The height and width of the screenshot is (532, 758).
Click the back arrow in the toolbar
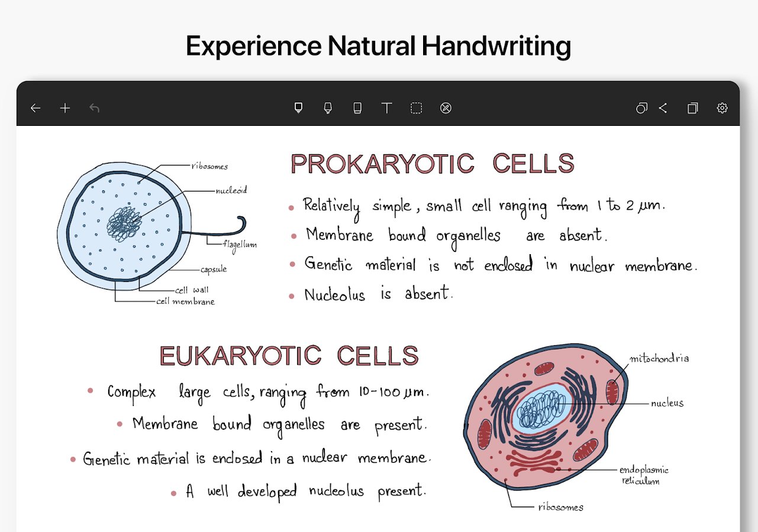[36, 108]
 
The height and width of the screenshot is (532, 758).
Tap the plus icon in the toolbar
[65, 108]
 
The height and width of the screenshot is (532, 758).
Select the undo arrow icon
[95, 108]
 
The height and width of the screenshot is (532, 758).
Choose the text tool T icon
[387, 108]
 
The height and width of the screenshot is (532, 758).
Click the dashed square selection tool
[416, 108]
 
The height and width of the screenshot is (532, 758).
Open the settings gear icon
[722, 108]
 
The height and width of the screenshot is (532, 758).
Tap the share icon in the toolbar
[663, 108]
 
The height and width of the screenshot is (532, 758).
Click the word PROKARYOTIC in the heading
[382, 164]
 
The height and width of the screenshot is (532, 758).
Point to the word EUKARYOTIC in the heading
[240, 356]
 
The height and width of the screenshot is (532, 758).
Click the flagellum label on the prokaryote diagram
[240, 245]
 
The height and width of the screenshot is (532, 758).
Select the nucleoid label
[231, 190]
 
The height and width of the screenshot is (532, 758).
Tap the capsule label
[214, 270]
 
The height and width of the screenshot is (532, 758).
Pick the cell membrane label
[185, 301]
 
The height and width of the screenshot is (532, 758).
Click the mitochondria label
[659, 358]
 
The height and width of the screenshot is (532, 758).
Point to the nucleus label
[667, 403]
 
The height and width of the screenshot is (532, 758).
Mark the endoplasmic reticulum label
[644, 475]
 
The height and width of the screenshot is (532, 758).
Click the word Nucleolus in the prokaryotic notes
[335, 295]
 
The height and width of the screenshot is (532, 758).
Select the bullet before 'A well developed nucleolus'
[173, 494]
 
